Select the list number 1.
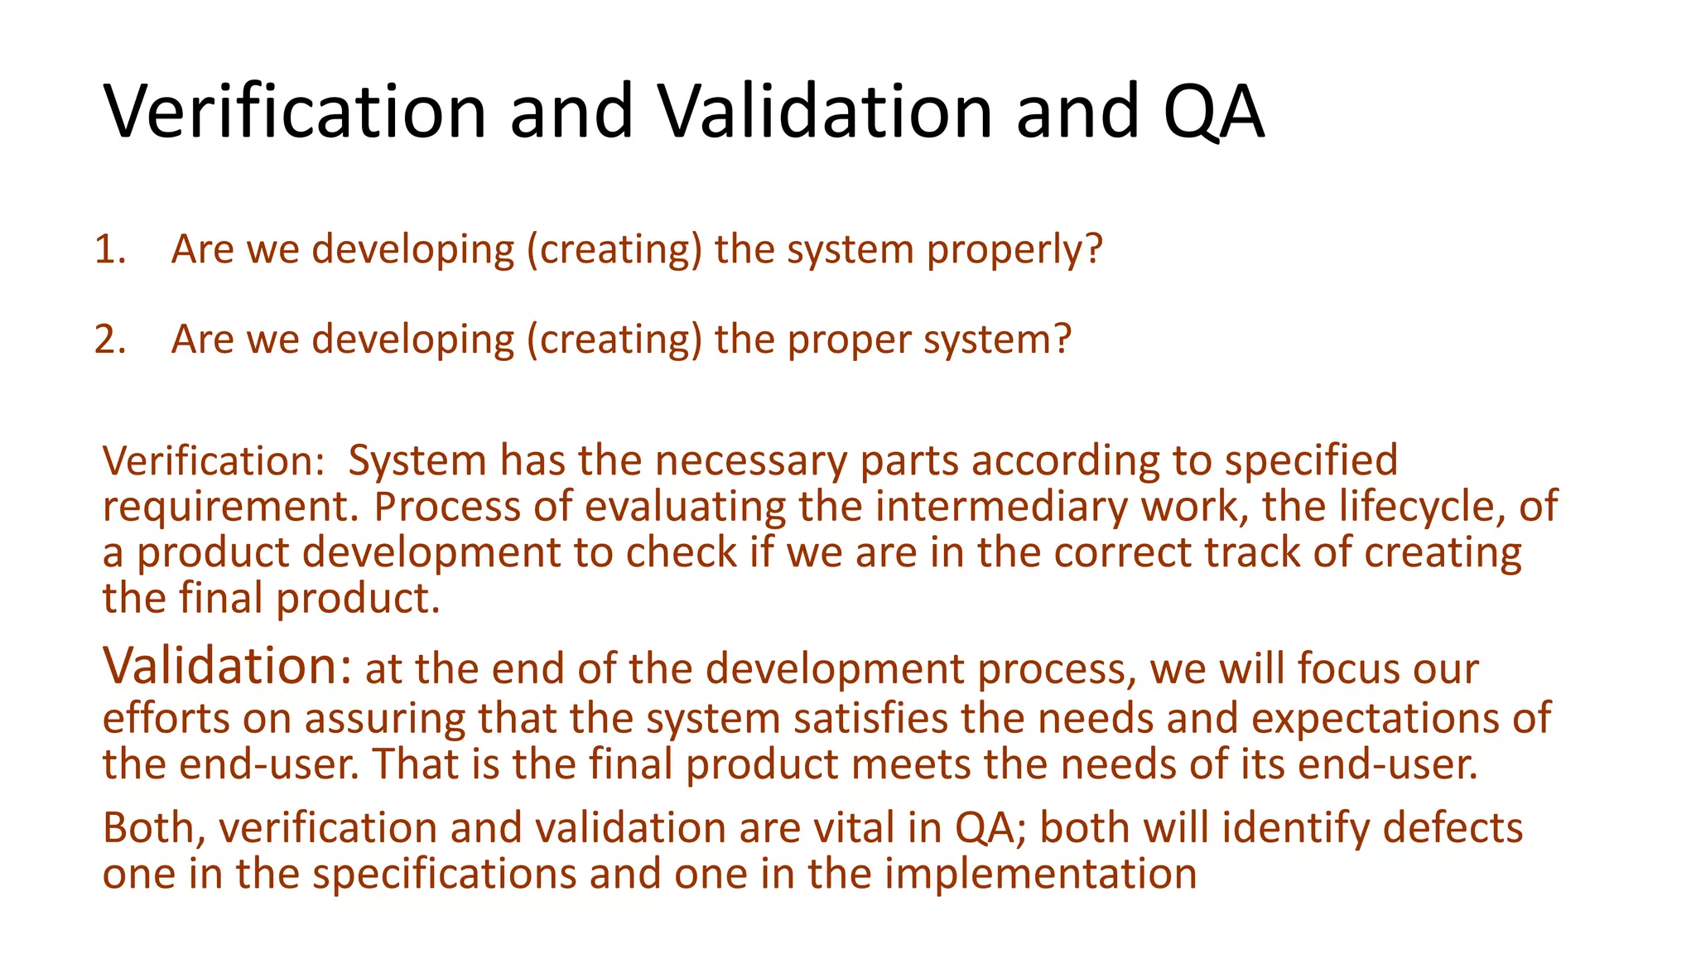point(108,249)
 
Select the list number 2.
point(108,340)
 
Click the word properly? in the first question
point(1014,250)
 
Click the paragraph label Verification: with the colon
point(214,460)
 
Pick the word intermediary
point(1001,506)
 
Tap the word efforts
point(166,718)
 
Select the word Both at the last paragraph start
point(154,828)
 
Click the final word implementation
point(1040,874)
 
